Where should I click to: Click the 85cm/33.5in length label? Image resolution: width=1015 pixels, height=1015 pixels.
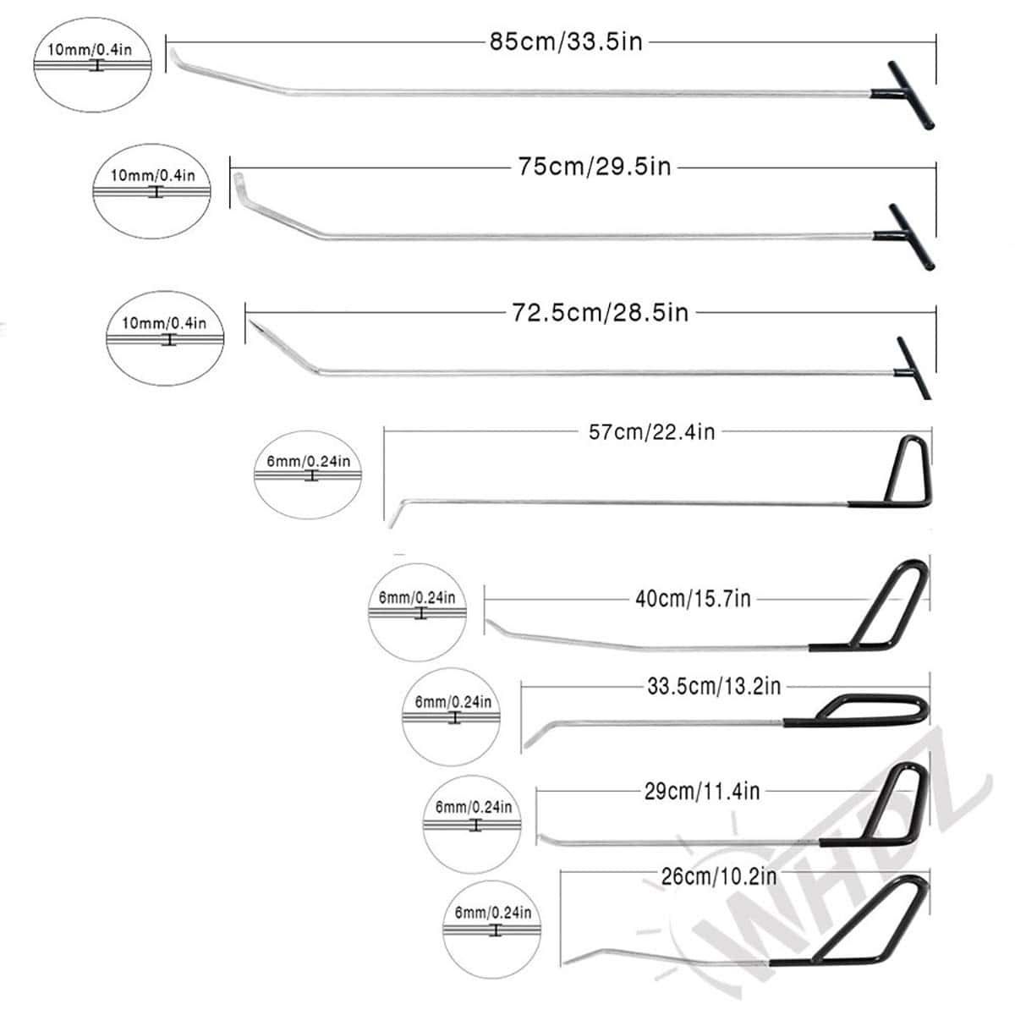(x=565, y=41)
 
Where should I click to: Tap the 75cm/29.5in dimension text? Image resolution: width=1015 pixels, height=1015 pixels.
(x=595, y=167)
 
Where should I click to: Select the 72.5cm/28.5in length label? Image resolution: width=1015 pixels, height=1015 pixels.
(x=600, y=313)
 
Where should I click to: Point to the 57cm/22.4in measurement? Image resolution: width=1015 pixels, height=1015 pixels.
(x=651, y=432)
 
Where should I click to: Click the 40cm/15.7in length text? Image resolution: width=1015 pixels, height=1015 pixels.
(x=693, y=599)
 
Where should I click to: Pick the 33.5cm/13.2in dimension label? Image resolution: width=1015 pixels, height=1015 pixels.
(x=714, y=686)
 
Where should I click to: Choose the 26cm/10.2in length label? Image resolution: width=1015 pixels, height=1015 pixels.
(x=719, y=875)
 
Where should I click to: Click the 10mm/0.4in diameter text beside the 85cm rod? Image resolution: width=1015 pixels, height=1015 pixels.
(x=90, y=49)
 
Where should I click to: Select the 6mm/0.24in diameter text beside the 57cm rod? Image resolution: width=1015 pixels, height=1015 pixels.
(x=308, y=462)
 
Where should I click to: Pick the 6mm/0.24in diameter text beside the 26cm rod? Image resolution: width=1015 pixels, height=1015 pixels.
(x=493, y=913)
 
